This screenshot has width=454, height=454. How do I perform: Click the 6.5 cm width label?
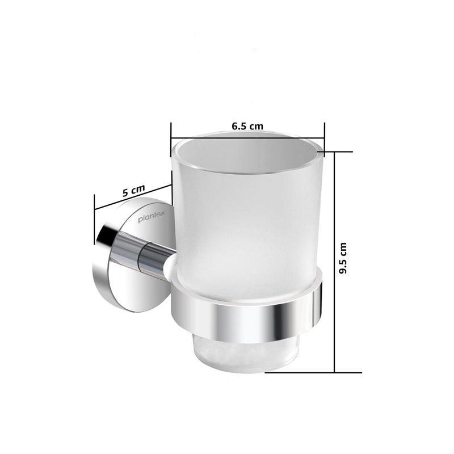pos(247,127)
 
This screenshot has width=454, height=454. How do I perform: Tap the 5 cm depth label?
pos(134,190)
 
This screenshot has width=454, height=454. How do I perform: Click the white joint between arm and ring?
pos(171,266)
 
